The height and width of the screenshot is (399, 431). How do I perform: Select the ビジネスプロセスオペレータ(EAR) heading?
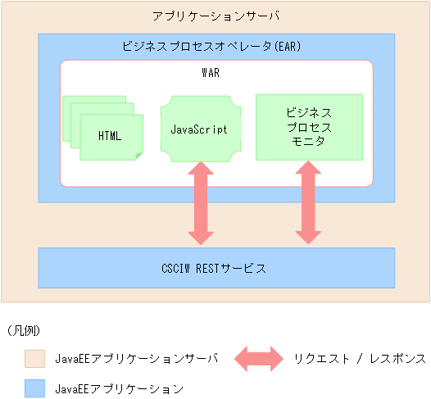211,47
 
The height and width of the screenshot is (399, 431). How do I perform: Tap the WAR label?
211,73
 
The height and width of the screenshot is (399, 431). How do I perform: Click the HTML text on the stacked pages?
109,136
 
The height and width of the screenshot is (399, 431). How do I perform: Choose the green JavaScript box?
199,129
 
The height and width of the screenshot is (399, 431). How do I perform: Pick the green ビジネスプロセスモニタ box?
308,127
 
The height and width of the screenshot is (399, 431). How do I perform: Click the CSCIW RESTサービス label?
214,268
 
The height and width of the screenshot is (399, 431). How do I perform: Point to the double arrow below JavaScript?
200,203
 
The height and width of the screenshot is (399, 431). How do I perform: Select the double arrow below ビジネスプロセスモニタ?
308,203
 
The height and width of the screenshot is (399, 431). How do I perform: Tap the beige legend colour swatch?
34,359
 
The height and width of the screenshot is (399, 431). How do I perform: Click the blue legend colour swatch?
34,388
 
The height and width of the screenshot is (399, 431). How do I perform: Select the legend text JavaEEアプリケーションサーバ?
137,359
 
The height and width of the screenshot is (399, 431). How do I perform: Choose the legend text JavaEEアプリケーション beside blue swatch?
120,388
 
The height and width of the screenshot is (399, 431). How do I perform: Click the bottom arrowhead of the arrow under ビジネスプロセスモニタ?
308,237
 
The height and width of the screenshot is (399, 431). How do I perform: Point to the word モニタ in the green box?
308,142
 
